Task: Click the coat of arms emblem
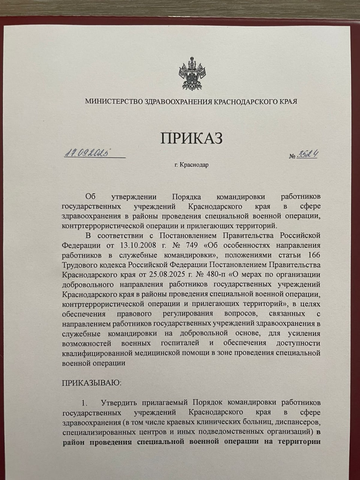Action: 192,73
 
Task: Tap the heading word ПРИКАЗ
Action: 192,138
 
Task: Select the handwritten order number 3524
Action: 308,154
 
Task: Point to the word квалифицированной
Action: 98,353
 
